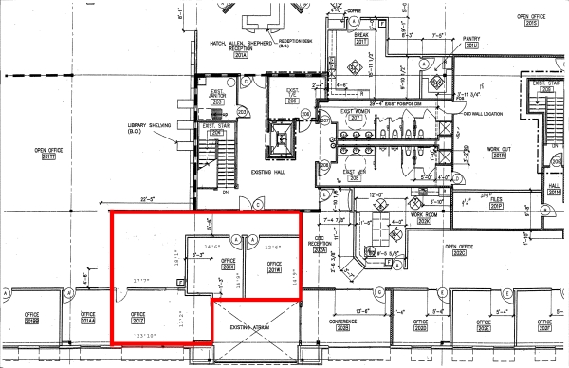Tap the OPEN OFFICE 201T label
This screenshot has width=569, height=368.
click(46, 153)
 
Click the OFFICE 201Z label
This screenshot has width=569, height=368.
click(125, 317)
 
